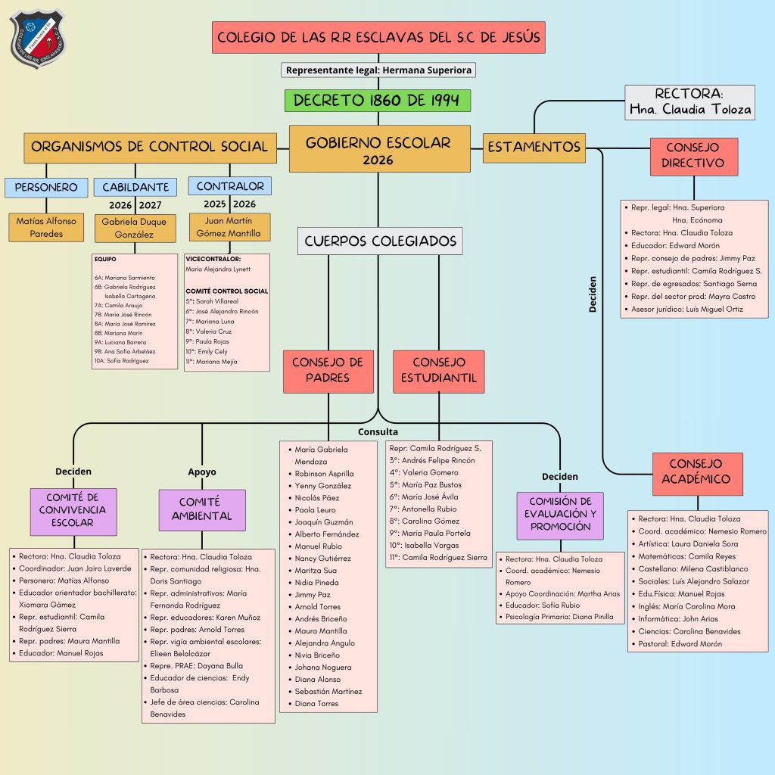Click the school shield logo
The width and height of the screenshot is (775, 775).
[39, 39]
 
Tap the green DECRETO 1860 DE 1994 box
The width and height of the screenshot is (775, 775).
[378, 101]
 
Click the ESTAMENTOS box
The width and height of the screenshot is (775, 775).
[534, 147]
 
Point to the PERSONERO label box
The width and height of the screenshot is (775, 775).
[46, 186]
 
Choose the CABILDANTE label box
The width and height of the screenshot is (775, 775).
[135, 186]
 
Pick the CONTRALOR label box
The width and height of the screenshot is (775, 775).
[230, 185]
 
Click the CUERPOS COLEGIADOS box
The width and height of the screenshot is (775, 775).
[380, 241]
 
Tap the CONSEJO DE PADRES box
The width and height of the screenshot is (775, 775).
[328, 371]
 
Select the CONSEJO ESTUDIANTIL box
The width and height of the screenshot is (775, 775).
[439, 371]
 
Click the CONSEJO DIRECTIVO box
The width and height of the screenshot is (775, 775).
[693, 155]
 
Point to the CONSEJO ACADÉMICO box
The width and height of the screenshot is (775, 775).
[696, 471]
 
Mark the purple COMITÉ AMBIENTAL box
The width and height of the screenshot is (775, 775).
[202, 509]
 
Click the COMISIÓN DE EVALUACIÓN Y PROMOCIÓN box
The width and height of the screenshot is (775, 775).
[560, 515]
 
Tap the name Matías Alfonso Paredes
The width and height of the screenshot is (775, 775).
[46, 227]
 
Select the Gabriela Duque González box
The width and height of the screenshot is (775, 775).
[135, 228]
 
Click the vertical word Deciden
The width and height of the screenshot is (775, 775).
[593, 294]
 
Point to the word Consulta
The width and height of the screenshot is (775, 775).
[378, 431]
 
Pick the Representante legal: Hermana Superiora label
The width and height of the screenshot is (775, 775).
[379, 70]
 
